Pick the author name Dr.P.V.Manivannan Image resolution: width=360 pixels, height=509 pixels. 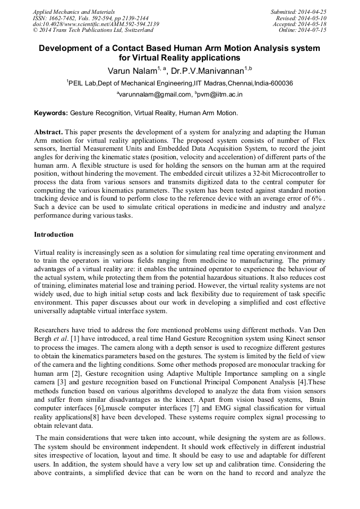[x=211, y=70]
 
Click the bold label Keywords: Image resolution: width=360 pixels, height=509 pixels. [x=51, y=114]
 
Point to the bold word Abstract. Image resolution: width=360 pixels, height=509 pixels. [x=48, y=131]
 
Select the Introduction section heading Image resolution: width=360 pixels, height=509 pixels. [x=54, y=234]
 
